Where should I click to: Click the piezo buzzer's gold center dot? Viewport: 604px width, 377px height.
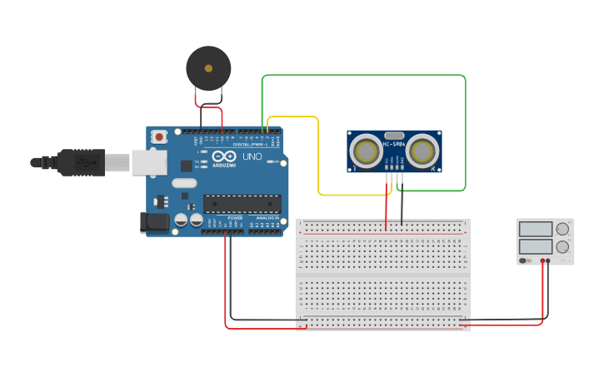(208, 68)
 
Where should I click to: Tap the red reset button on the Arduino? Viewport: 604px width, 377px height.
(158, 136)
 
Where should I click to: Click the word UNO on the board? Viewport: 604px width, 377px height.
(252, 156)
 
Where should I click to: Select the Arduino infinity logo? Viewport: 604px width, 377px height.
(223, 156)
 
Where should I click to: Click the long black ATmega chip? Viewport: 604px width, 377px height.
(242, 203)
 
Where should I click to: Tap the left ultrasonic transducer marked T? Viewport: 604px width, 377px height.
(365, 151)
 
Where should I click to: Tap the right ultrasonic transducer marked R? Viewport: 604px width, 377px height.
(423, 151)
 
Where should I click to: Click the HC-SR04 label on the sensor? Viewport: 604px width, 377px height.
(394, 145)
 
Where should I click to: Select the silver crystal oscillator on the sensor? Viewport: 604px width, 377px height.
(394, 136)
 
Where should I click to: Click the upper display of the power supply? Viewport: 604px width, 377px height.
(536, 229)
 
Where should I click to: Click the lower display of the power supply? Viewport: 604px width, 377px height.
(536, 246)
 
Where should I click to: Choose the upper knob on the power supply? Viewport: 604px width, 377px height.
(562, 229)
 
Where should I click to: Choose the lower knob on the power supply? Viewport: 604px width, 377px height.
(562, 247)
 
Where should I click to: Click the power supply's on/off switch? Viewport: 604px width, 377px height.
(524, 260)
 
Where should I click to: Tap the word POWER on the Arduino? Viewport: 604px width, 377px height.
(235, 218)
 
